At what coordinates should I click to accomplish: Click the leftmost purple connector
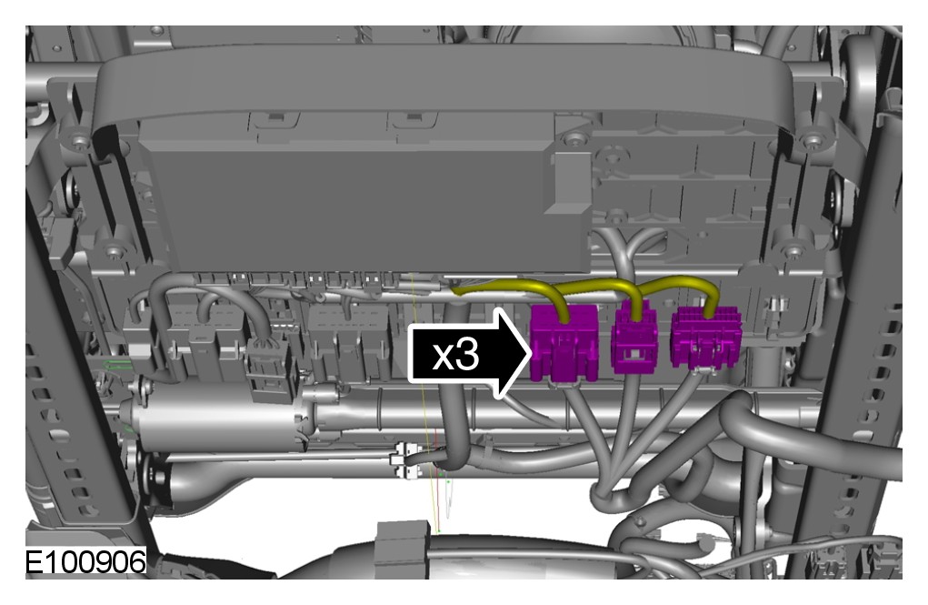coord(564,343)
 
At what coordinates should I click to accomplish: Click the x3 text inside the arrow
coord(455,355)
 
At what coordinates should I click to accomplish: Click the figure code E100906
coord(85,561)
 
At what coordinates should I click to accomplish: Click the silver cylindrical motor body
coord(219,418)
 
